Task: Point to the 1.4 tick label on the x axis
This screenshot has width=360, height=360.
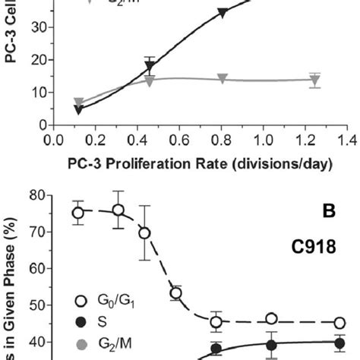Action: coord(348,141)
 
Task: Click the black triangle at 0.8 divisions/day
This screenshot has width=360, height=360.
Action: coord(223,12)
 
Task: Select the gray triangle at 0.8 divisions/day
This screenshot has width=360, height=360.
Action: coord(223,79)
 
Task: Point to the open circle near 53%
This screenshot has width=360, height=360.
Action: coord(175,293)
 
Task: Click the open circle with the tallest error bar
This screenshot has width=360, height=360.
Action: coord(144,233)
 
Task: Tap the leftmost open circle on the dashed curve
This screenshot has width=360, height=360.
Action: coord(77,213)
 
